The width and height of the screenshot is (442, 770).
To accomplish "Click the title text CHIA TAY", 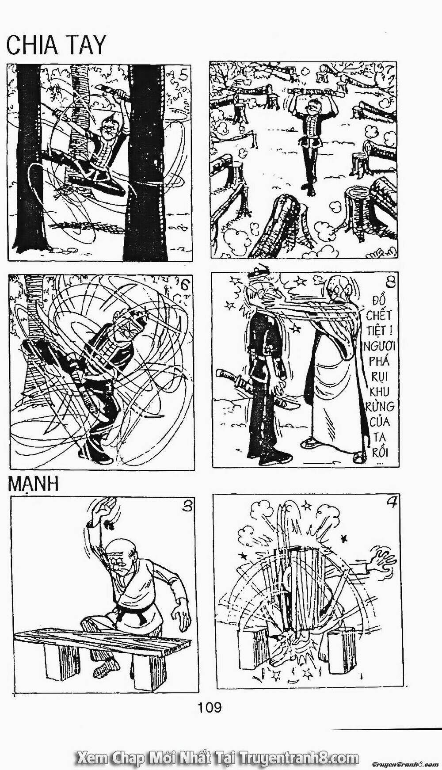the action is tap(56, 45).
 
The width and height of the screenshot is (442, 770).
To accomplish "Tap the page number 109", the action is tap(210, 707).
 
